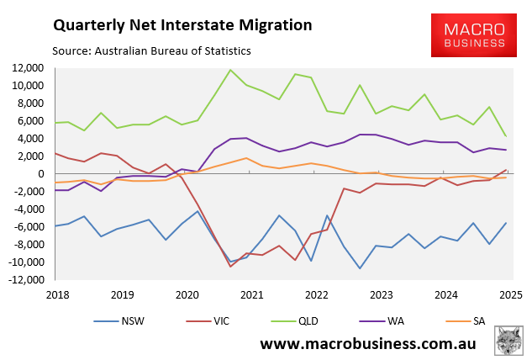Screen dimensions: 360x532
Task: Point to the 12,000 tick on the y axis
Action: click(29, 68)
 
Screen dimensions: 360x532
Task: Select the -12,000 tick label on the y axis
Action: click(28, 280)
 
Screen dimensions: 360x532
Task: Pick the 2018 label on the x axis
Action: click(57, 295)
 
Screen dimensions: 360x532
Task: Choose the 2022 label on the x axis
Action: click(315, 295)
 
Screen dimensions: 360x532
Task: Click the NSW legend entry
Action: click(122, 319)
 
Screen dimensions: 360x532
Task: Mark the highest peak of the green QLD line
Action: click(230, 70)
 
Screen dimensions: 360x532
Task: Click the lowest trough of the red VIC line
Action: click(230, 267)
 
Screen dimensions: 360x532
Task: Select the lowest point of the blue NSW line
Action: click(361, 268)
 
